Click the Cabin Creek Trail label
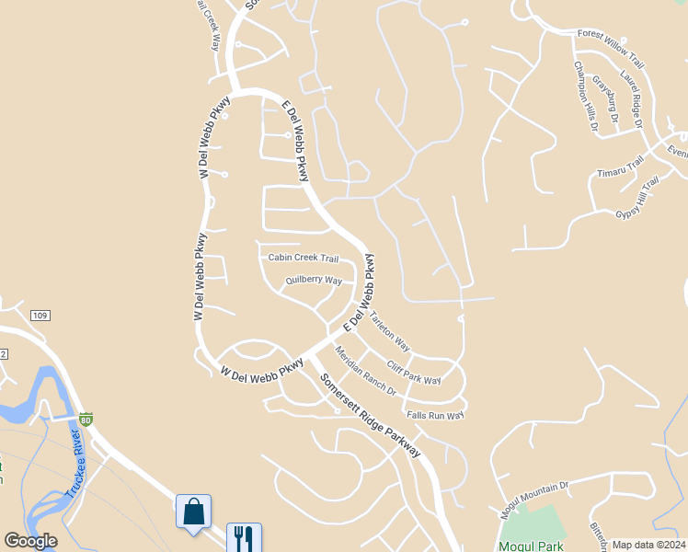[x=304, y=259]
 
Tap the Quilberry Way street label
[x=314, y=281]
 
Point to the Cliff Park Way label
[x=414, y=373]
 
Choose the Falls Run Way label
[x=435, y=416]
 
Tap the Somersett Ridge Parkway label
[x=370, y=416]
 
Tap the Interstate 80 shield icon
[x=86, y=420]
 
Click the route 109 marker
[x=39, y=316]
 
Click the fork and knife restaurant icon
[x=244, y=537]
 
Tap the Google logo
[x=30, y=541]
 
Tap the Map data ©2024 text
[x=648, y=545]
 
